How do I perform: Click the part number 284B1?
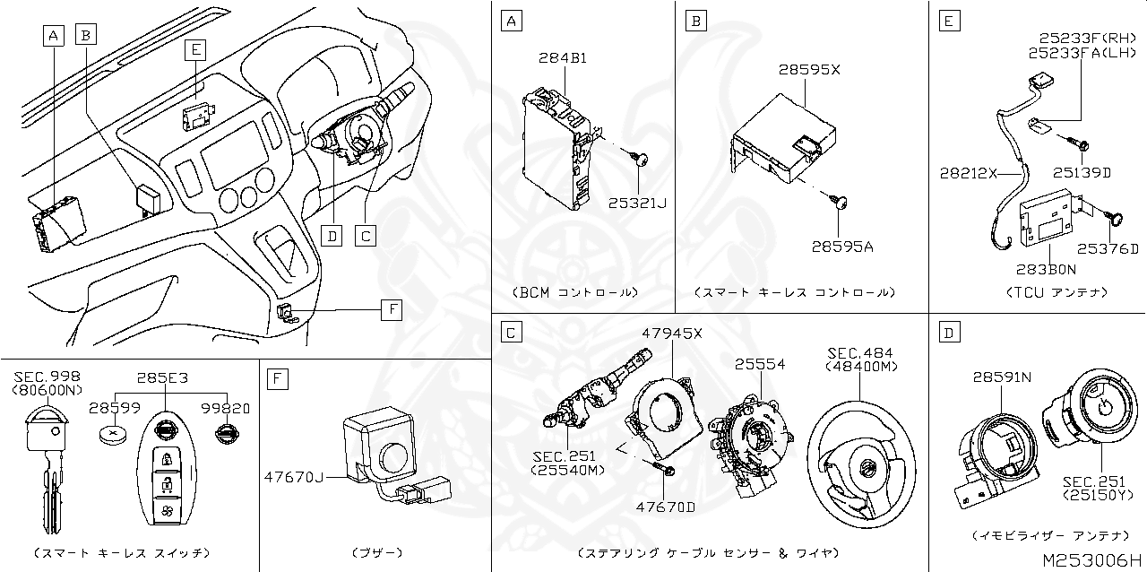point(563,58)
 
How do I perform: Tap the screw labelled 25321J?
point(642,160)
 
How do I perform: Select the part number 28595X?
point(808,69)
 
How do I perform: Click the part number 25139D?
point(1082,172)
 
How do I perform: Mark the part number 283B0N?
point(1047,268)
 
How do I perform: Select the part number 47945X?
point(672,334)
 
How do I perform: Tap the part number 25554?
point(760,365)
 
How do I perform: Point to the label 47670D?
point(666,507)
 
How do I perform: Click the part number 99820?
point(227,408)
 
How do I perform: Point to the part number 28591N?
point(1003,377)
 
